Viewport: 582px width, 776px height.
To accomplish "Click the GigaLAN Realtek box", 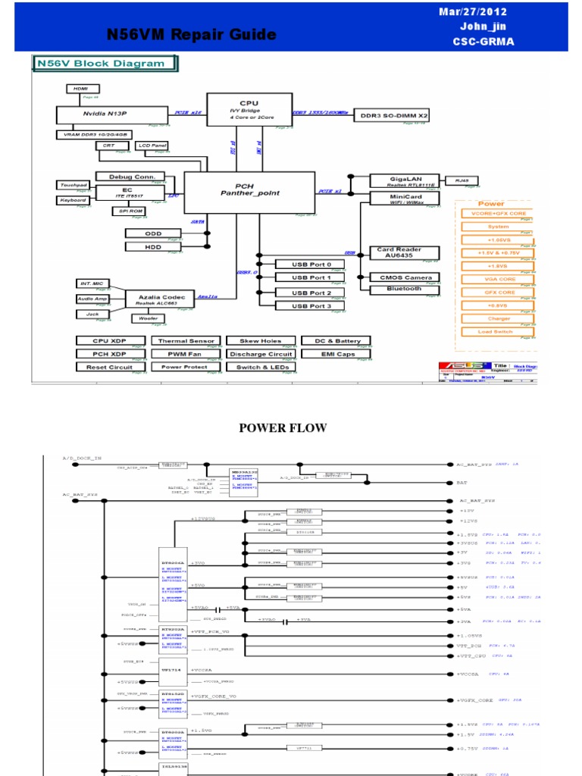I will pyautogui.click(x=396, y=181).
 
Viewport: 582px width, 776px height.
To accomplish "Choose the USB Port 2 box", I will pyautogui.click(x=311, y=293).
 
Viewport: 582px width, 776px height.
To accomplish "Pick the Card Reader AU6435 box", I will pyautogui.click(x=399, y=252).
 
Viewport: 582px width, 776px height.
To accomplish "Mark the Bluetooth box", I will pyautogui.click(x=404, y=289).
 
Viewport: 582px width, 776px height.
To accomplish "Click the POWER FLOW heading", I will pyautogui.click(x=283, y=428).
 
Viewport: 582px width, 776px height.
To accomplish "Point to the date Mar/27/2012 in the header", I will pyautogui.click(x=474, y=12).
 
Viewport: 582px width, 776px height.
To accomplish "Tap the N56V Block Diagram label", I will pyautogui.click(x=101, y=64).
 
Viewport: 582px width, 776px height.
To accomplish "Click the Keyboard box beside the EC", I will pyautogui.click(x=73, y=201).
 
